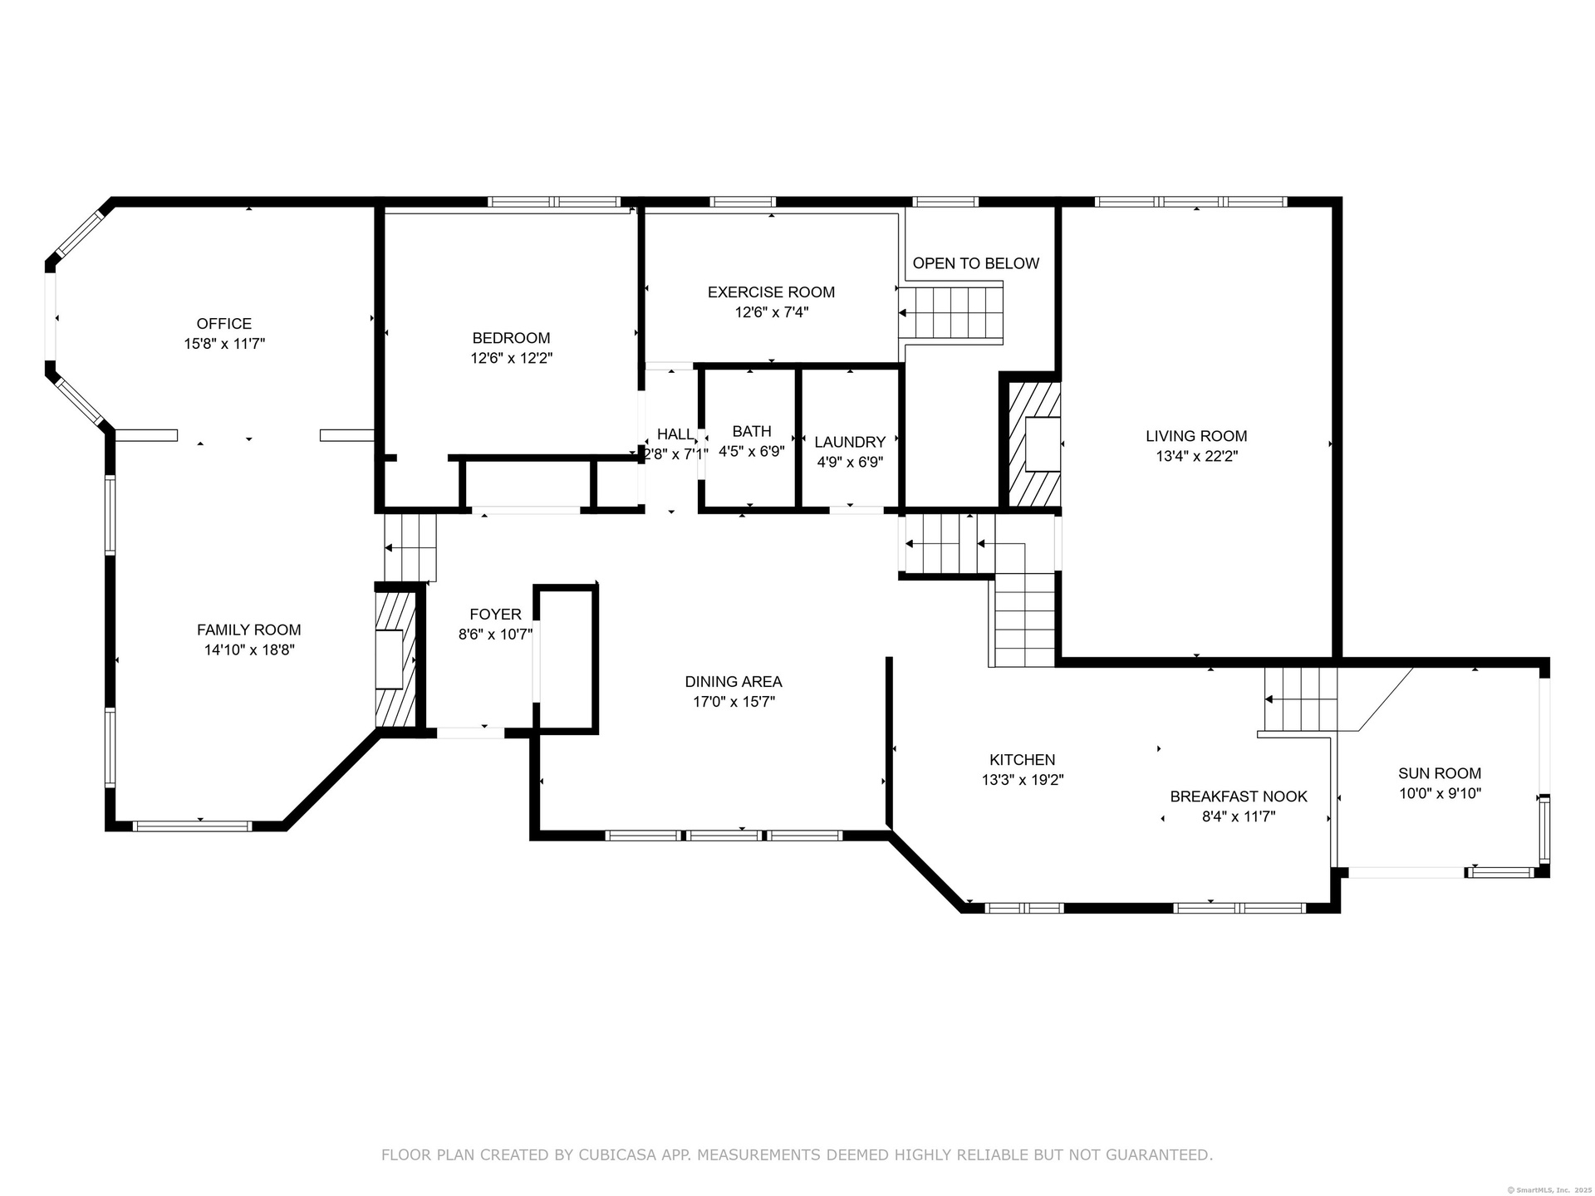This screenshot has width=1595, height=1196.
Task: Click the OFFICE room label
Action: click(223, 324)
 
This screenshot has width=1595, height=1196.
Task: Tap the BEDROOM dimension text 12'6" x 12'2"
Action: click(511, 359)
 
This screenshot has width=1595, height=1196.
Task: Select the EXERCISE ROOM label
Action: click(771, 292)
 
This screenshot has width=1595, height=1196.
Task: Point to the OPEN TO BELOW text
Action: click(975, 263)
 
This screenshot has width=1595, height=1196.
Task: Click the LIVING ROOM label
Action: click(1196, 436)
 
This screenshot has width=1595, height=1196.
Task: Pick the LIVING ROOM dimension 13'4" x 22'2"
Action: click(1196, 456)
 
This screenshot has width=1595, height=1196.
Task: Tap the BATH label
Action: click(752, 432)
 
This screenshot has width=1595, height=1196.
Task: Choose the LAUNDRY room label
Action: click(850, 443)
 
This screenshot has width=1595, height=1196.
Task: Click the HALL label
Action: click(675, 434)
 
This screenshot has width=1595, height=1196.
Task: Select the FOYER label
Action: click(495, 615)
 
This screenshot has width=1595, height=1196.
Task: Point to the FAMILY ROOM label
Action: click(248, 630)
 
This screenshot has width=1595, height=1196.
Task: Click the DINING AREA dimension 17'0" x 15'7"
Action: click(734, 702)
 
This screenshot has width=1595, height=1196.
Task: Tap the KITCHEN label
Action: click(1022, 760)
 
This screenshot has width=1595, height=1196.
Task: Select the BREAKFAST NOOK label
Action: click(1239, 797)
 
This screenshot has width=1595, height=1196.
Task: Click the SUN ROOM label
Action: click(1440, 773)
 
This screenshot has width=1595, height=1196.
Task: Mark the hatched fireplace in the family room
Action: click(395, 659)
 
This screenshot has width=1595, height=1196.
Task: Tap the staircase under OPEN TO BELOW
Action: click(951, 313)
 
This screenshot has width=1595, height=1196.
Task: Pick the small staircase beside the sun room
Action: click(1300, 700)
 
